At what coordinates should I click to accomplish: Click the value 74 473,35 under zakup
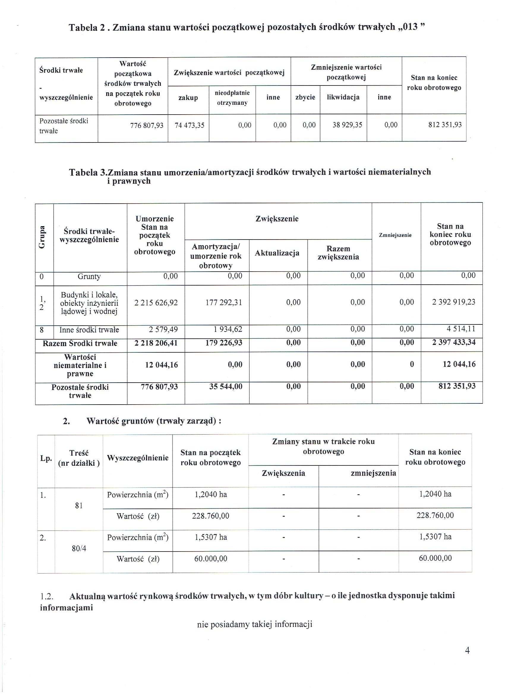click(189, 126)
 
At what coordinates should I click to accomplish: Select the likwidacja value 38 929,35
click(347, 125)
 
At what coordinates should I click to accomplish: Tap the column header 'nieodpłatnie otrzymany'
click(232, 98)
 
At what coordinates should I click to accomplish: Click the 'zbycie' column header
click(305, 97)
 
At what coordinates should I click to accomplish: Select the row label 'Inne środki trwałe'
click(89, 330)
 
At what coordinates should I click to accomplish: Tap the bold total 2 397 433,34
click(454, 343)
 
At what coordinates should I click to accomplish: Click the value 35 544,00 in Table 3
click(226, 386)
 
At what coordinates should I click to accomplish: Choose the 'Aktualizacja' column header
click(277, 253)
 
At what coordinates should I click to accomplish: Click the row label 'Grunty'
click(89, 277)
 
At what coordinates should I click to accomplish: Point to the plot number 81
click(79, 506)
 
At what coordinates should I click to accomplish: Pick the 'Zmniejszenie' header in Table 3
click(395, 235)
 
